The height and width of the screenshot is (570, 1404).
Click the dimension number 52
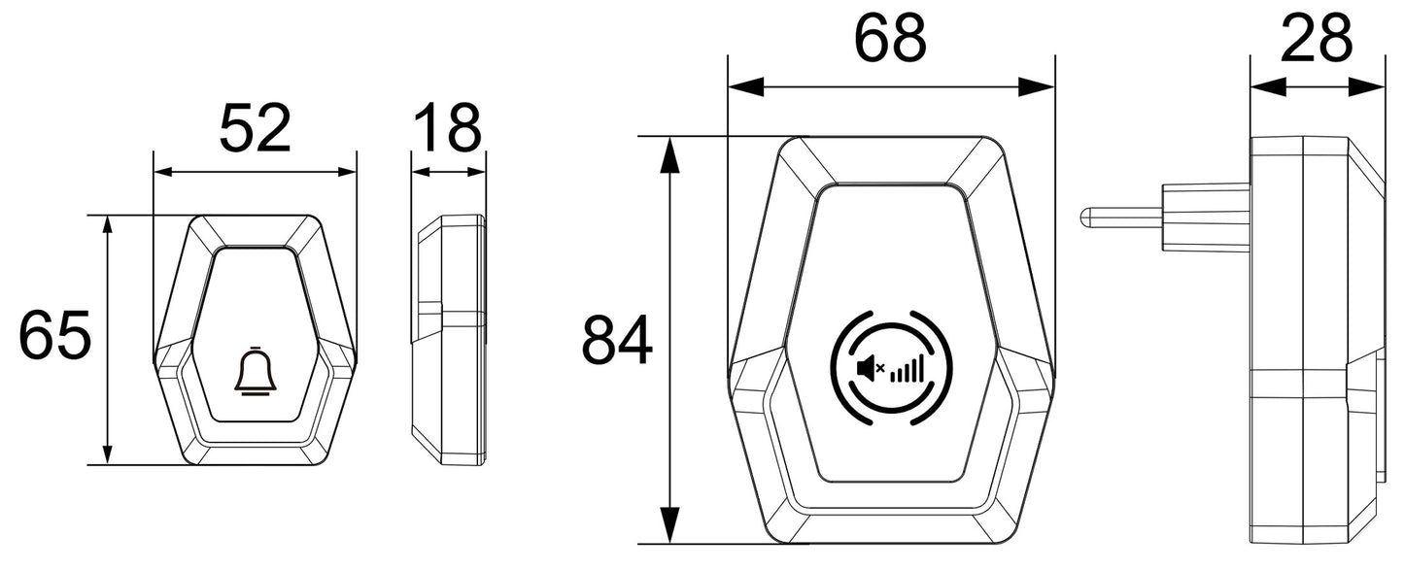click(255, 129)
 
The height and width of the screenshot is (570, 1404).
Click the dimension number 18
click(447, 129)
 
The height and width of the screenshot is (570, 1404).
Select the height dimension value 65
click(55, 337)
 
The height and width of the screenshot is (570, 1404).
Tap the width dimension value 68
click(890, 41)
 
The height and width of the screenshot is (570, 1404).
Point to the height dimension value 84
click(617, 341)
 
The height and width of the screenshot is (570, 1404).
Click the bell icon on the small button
click(255, 372)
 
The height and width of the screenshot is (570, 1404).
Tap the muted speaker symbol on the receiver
click(868, 368)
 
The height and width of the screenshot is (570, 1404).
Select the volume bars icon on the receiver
click(906, 368)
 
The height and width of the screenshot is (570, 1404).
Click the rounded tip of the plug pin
click(1085, 216)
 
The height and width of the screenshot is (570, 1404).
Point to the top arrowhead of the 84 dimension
click(668, 151)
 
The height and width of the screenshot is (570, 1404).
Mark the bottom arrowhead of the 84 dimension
click(668, 528)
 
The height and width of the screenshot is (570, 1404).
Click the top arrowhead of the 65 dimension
click(108, 227)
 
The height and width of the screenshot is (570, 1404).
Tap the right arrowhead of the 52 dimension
click(346, 172)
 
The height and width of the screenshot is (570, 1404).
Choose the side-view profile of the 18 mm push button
click(449, 340)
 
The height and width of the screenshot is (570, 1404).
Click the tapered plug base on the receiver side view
click(1205, 216)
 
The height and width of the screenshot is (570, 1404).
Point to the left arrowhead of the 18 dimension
click(420, 172)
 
